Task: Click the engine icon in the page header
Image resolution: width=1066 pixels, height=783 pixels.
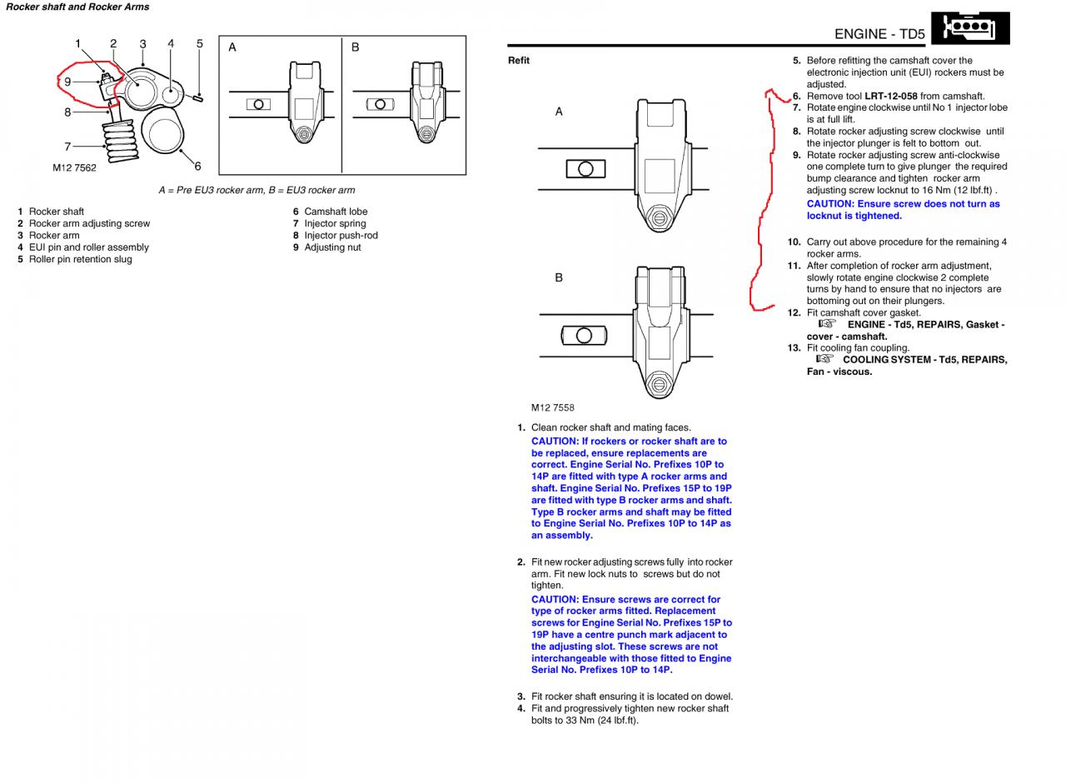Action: pos(970,27)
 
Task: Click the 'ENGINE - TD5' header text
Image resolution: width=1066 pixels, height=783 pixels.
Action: pos(879,34)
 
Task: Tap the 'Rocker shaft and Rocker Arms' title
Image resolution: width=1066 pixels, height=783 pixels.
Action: pos(77,7)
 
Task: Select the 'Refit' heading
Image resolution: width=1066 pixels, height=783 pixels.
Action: pos(519,60)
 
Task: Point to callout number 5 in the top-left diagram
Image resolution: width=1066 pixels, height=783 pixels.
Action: pos(200,43)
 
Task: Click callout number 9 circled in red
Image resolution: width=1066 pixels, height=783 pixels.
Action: pos(67,82)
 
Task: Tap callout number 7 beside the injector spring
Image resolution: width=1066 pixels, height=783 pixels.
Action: pos(67,147)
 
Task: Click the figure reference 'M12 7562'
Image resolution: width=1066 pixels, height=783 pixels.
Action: pos(74,168)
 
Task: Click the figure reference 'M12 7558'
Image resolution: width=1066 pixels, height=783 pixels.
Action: pos(553,407)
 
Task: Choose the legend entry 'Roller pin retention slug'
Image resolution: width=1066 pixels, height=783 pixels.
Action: pos(80,259)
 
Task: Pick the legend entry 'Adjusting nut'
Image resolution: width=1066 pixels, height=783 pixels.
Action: pos(332,247)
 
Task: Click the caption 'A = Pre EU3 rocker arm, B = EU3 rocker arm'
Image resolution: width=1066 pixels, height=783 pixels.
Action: pos(257,190)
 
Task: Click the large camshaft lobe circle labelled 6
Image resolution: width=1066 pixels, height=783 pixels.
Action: pos(163,132)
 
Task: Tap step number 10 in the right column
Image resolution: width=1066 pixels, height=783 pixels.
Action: pos(794,242)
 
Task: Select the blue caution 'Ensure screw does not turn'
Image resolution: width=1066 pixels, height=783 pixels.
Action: pos(903,210)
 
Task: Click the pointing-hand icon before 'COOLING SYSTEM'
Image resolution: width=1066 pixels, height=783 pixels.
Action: pos(824,359)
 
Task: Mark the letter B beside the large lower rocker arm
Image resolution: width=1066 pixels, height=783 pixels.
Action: pos(559,277)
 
